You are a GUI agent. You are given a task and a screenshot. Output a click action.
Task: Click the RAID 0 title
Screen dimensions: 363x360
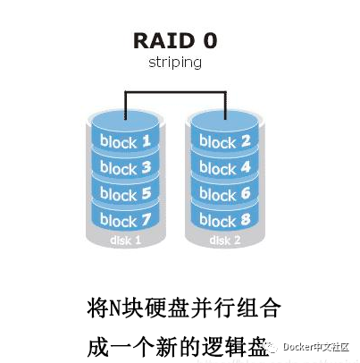point(175,41)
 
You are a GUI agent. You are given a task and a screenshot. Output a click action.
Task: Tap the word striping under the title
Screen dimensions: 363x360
point(175,63)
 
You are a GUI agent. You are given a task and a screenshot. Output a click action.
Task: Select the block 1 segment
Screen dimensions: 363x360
point(126,140)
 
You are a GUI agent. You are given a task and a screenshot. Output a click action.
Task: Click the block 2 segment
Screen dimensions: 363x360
point(225,140)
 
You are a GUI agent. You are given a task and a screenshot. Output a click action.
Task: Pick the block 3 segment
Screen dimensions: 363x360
point(126,166)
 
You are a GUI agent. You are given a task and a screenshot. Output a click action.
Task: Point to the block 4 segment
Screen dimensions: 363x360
point(225,166)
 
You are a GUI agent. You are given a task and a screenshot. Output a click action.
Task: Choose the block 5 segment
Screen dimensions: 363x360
point(126,192)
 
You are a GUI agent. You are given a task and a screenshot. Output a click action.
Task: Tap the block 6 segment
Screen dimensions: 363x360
point(225,192)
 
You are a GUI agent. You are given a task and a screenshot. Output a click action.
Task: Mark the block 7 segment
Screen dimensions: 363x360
point(126,218)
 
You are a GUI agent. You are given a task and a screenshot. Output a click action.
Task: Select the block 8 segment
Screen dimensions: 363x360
point(225,218)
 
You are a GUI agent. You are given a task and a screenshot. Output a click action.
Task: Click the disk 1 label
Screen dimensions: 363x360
point(126,239)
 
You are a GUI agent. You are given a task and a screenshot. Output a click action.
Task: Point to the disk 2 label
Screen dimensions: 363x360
point(225,239)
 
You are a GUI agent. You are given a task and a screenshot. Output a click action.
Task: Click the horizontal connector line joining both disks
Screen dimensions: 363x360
point(175,90)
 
